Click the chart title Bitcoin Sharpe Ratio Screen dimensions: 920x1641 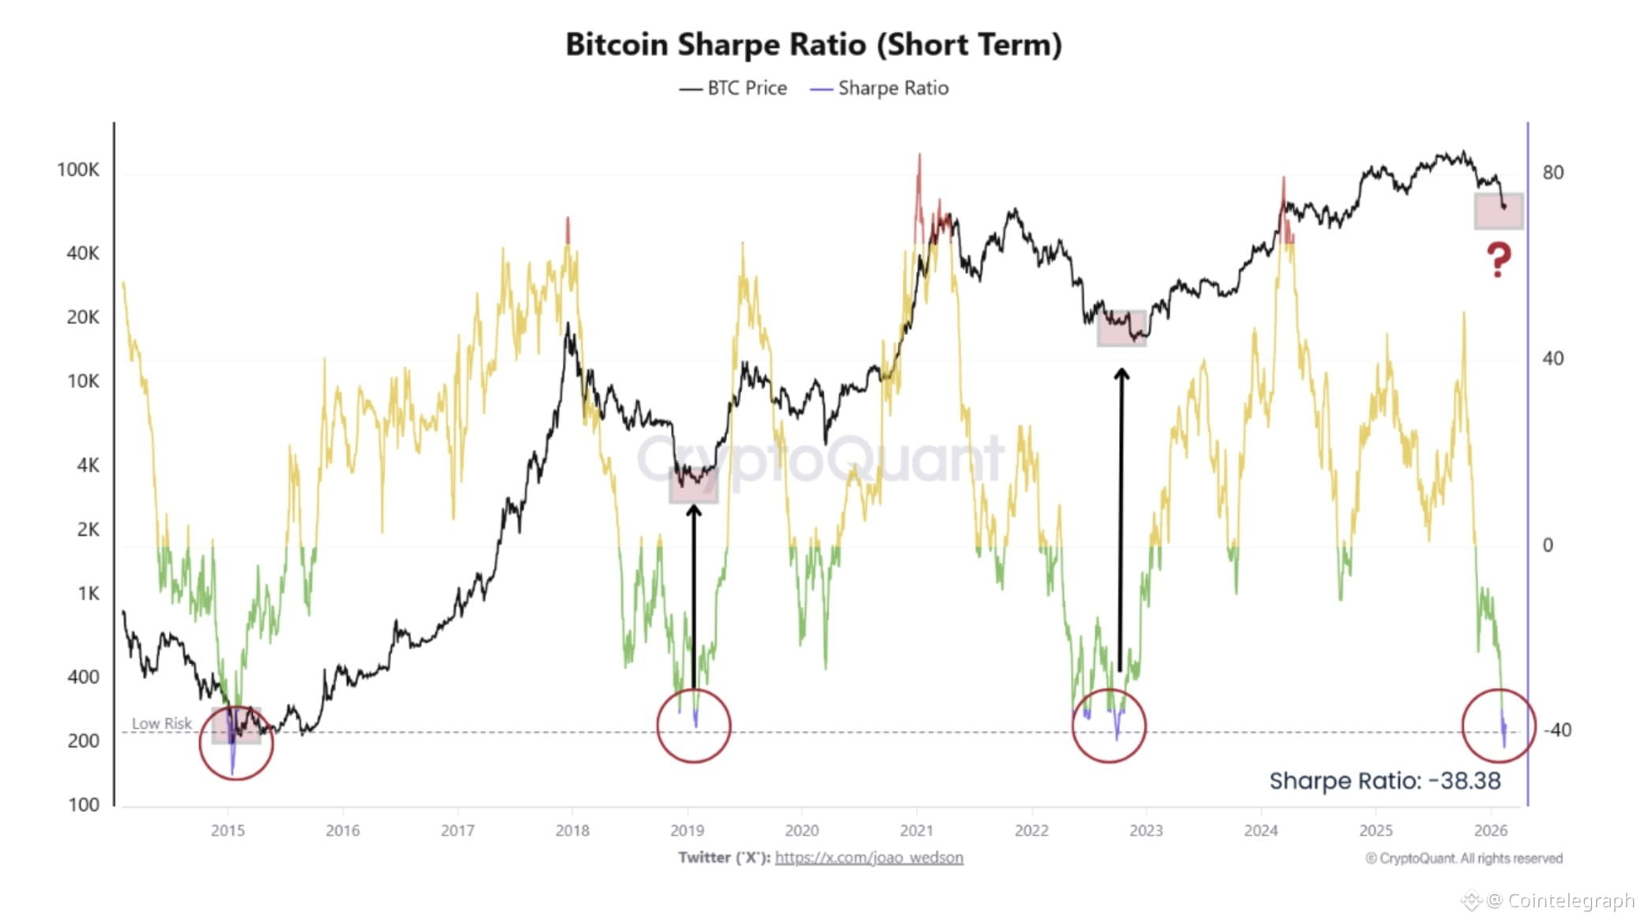tap(813, 44)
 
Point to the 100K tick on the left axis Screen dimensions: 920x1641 tap(77, 170)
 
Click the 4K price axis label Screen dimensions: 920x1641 tap(88, 465)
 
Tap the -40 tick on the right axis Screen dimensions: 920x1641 tap(1556, 730)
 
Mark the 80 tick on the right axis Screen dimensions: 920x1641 tap(1552, 172)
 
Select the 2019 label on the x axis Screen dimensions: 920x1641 tap(686, 831)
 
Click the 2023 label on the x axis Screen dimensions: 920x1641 tap(1145, 831)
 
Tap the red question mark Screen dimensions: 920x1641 tap(1498, 259)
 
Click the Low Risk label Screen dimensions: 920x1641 tap(161, 723)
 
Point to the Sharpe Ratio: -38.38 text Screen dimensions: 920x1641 tap(1384, 781)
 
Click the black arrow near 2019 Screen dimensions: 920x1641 tap(693, 593)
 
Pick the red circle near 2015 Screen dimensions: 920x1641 tap(236, 743)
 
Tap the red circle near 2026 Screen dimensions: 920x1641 tap(1498, 726)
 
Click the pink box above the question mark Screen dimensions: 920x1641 tap(1498, 211)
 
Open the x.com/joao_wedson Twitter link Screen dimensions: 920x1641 tap(868, 858)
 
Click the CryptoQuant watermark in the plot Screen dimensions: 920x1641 tap(820, 458)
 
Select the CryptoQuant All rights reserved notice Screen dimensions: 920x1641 tap(1463, 858)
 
